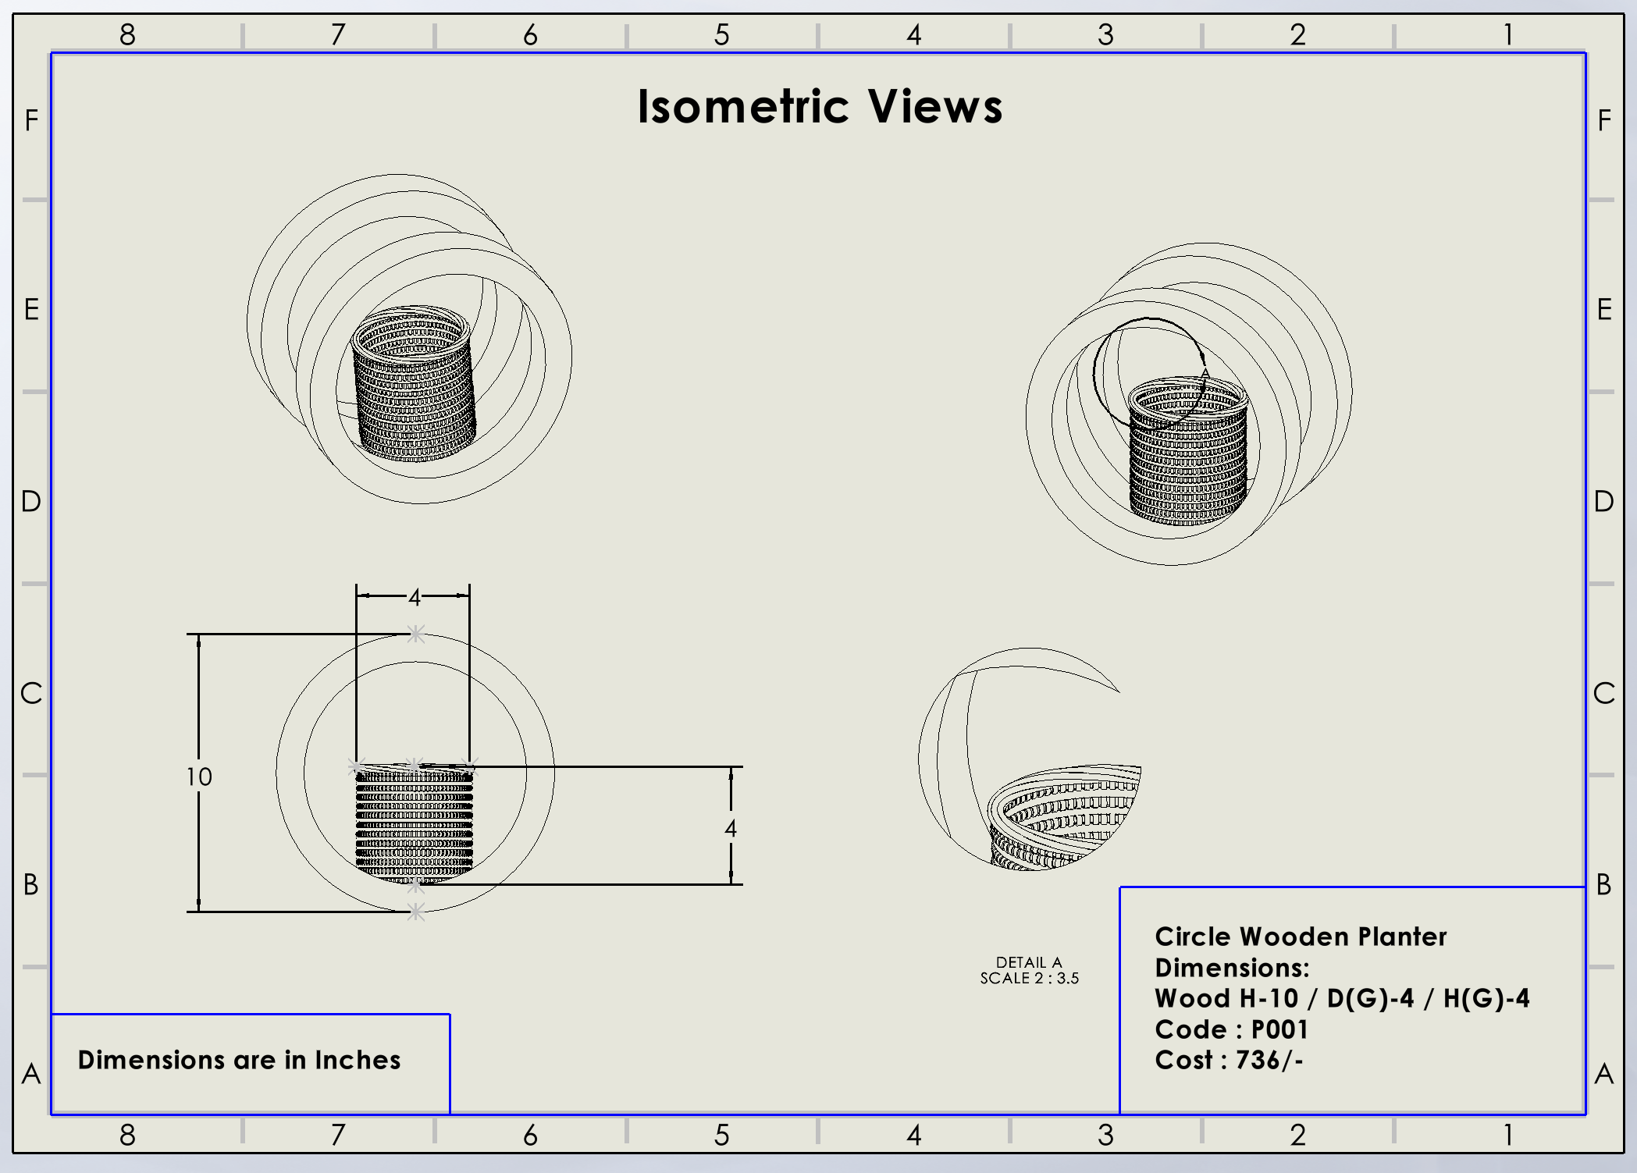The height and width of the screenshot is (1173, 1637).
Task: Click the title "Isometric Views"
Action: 820,107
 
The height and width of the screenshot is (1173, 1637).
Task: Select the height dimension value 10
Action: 199,777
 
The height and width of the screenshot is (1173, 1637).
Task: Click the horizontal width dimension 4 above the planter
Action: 415,597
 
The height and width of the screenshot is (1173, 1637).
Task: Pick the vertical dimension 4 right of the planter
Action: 731,828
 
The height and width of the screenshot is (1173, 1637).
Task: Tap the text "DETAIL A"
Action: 1029,962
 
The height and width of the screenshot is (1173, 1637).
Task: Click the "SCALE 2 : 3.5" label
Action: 1029,979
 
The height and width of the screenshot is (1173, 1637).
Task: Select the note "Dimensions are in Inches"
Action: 239,1060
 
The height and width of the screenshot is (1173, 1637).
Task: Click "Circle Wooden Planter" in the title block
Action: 1301,937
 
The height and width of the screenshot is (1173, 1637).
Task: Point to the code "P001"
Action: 1279,1029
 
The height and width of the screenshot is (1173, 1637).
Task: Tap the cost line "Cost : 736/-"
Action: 1229,1060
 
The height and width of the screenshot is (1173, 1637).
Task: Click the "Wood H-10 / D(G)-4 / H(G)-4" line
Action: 1342,998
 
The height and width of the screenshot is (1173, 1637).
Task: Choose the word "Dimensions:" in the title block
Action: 1232,968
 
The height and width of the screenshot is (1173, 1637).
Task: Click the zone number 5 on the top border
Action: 722,34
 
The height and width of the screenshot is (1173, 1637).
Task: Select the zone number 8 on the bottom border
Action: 127,1135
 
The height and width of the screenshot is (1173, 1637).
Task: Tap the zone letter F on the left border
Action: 31,120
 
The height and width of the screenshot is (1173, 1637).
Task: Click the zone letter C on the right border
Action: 1604,693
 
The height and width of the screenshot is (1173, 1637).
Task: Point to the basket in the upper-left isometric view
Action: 414,382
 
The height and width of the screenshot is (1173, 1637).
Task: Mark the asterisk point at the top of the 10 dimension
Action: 416,634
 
